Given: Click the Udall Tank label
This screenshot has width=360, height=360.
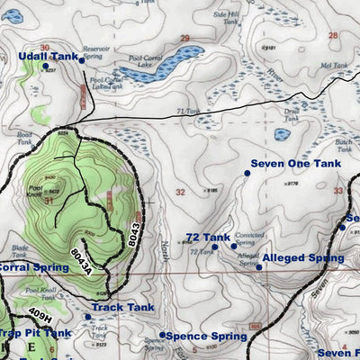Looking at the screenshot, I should [x=46, y=57].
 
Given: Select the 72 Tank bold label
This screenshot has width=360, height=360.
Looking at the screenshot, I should [x=208, y=238].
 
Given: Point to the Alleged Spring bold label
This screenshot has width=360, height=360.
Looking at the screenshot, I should [x=303, y=258].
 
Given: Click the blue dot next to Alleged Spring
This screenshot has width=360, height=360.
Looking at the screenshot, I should [x=259, y=266].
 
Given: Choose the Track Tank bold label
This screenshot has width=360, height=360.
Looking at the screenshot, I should [x=122, y=307].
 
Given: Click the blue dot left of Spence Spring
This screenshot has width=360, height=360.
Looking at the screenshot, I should [x=163, y=336].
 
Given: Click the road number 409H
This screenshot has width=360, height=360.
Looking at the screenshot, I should [x=39, y=314].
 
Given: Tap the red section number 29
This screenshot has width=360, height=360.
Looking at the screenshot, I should [x=184, y=38].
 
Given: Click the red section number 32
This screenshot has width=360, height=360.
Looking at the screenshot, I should [x=180, y=192].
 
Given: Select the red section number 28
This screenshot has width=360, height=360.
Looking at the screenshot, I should [x=332, y=36].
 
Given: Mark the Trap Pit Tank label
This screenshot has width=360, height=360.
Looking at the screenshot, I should [x=33, y=333].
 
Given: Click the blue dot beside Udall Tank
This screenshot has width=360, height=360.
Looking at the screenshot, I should [x=81, y=60].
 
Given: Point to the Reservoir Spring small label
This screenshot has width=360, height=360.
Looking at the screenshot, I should [x=95, y=52].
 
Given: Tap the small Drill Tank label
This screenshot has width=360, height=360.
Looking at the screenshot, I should [x=292, y=113].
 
